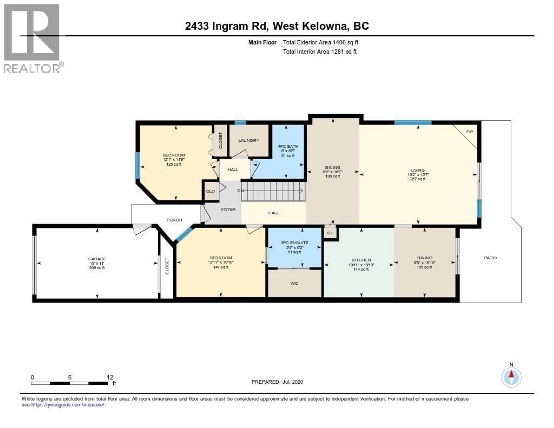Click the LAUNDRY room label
coord(249,140)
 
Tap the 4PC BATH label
coord(288,146)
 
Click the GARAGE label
coord(97,259)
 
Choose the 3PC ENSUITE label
coord(294,243)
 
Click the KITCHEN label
coord(361,260)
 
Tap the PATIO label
coord(490,258)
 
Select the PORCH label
coord(174,220)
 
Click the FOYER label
coord(228,209)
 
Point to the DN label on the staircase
coord(240,191)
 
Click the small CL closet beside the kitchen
coord(330,233)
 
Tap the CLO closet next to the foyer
coord(210,191)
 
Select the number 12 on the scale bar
coord(110,377)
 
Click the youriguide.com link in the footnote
coord(68,405)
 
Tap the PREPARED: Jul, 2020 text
coord(277,382)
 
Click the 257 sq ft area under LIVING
coord(418,179)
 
